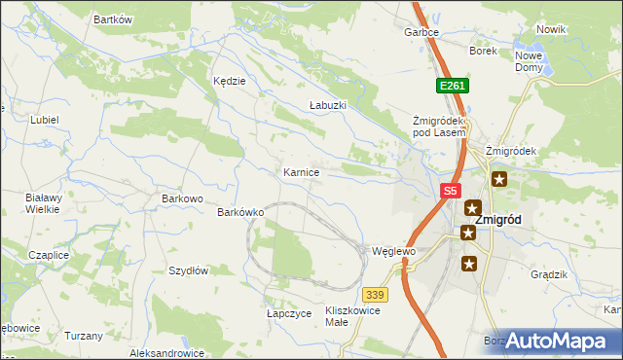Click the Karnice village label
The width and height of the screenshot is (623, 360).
[301, 172]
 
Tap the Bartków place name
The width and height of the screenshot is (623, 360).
[112, 19]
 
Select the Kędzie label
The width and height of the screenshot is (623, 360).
[229, 82]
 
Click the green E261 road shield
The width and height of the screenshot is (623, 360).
[453, 86]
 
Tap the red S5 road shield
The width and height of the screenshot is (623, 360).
[449, 193]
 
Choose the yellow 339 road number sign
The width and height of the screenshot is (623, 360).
[376, 294]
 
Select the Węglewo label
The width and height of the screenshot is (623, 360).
[394, 251]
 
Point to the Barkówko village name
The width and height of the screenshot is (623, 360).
[241, 211]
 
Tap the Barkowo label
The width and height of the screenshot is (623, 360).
[182, 198]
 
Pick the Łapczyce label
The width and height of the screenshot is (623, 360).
[288, 314]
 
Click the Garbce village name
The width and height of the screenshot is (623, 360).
[422, 32]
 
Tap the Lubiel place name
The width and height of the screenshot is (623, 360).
[45, 120]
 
